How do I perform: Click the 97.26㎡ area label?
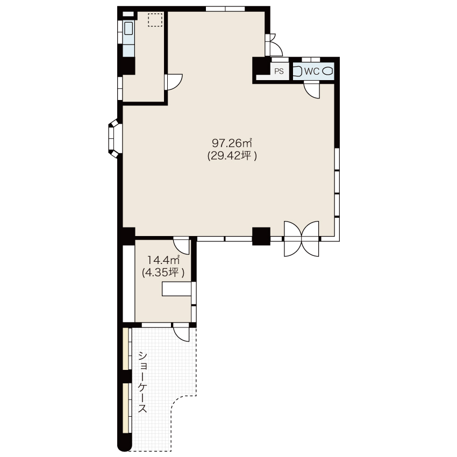tap(232, 143)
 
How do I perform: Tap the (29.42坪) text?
tap(232, 156)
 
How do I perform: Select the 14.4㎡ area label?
tap(163, 259)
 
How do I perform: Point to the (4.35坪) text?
tap(163, 273)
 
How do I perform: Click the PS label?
tap(279, 71)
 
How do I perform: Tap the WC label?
tap(311, 71)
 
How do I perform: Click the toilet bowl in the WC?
tap(327, 71)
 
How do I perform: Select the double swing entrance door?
tap(302, 239)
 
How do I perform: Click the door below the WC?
tap(311, 89)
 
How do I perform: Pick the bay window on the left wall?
tap(114, 138)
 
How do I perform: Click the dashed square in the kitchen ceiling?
tap(155, 20)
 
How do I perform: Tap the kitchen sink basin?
tap(128, 29)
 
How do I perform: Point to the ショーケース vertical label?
tap(142, 382)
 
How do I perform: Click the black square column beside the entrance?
tap(261, 236)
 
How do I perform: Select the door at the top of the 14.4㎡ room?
tap(182, 245)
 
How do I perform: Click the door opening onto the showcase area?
tap(181, 332)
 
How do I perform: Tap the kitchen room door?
tap(173, 82)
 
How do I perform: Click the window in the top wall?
tap(225, 9)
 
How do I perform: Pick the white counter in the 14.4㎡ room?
tap(177, 289)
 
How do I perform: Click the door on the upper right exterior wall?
tap(274, 45)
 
